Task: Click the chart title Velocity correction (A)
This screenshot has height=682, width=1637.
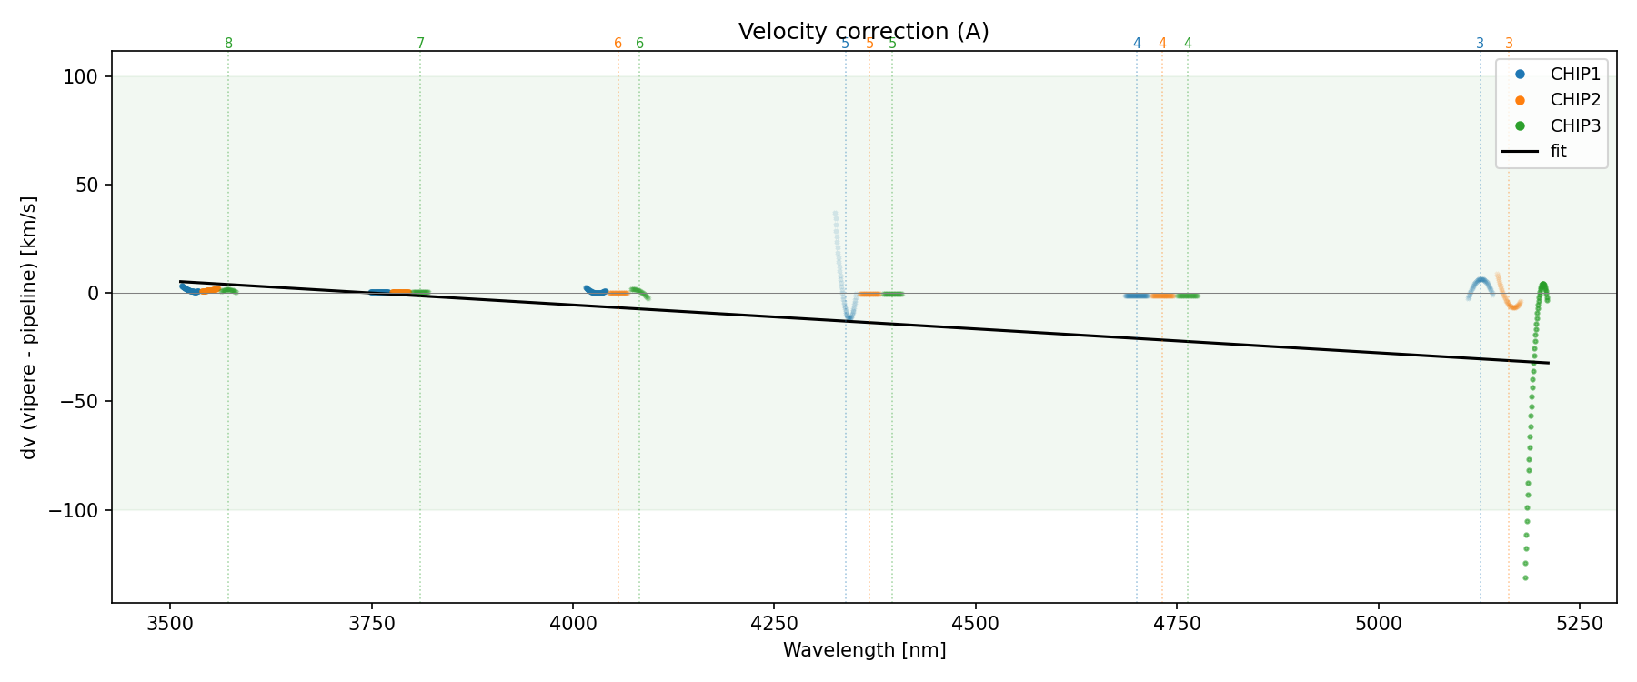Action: tap(863, 32)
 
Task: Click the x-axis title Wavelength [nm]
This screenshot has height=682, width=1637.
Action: tap(864, 650)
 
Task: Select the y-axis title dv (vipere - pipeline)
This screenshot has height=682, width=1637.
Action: tap(29, 327)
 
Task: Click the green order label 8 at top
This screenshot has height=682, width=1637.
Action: tap(228, 44)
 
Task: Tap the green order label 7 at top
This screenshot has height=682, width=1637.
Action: tap(420, 44)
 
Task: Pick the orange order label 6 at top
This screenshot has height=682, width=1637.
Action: tap(618, 44)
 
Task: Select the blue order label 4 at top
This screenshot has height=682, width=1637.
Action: tap(1137, 44)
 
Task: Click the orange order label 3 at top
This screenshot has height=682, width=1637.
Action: tap(1509, 44)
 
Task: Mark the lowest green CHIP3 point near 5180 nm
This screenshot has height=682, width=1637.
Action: tap(1525, 578)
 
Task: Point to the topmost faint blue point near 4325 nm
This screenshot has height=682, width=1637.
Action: tap(835, 214)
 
